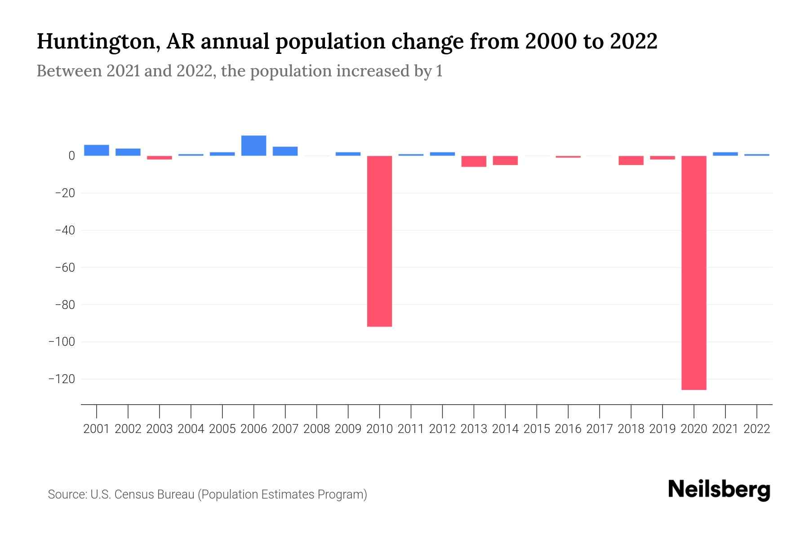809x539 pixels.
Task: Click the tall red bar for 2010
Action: click(379, 241)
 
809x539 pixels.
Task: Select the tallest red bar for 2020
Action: click(693, 273)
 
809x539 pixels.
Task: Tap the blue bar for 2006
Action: click(253, 146)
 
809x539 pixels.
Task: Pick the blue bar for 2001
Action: click(97, 150)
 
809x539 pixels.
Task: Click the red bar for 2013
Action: click(474, 161)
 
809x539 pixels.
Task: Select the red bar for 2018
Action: click(631, 160)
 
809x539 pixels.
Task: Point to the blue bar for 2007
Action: click(285, 151)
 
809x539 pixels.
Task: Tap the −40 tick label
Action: click(64, 230)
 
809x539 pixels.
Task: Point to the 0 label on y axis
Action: click(71, 156)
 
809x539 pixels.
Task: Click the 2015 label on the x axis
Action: click(537, 429)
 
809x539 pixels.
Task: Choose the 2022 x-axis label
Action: click(757, 429)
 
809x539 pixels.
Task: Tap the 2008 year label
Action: click(316, 429)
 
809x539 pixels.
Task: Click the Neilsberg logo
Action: click(719, 490)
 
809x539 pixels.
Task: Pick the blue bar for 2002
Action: click(128, 152)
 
